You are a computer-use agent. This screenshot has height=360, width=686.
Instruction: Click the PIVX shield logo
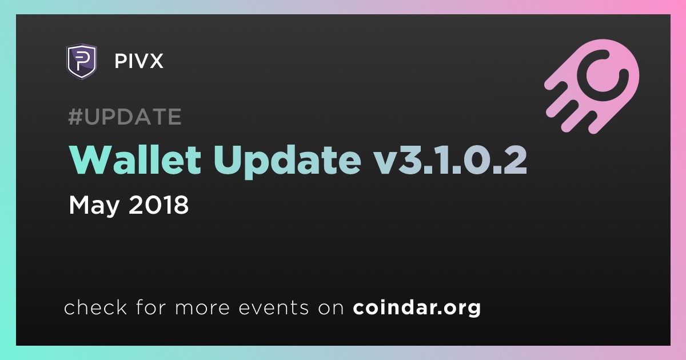coord(81,61)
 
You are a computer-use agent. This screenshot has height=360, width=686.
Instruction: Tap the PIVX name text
coord(139,61)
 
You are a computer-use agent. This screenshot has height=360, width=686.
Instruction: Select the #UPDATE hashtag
coord(125,117)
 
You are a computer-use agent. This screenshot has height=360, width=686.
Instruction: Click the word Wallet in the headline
coord(135,160)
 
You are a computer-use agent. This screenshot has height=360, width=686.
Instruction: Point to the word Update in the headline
coord(287,162)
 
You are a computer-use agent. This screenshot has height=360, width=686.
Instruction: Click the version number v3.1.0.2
coord(450,160)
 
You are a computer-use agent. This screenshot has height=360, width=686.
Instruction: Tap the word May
coord(94,206)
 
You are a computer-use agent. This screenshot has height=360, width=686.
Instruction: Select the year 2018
coord(159,205)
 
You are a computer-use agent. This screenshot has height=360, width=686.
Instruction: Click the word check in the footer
coord(95,307)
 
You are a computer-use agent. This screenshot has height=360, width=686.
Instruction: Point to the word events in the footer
coord(274,307)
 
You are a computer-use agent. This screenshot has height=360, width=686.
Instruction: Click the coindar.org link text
coord(417,308)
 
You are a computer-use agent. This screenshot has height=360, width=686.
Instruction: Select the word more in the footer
coord(202,308)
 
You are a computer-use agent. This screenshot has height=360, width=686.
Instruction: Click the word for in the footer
coord(151,307)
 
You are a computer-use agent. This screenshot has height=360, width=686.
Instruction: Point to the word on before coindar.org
coord(331,308)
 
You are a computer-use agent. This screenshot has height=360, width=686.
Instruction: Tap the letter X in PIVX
coord(155,61)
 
